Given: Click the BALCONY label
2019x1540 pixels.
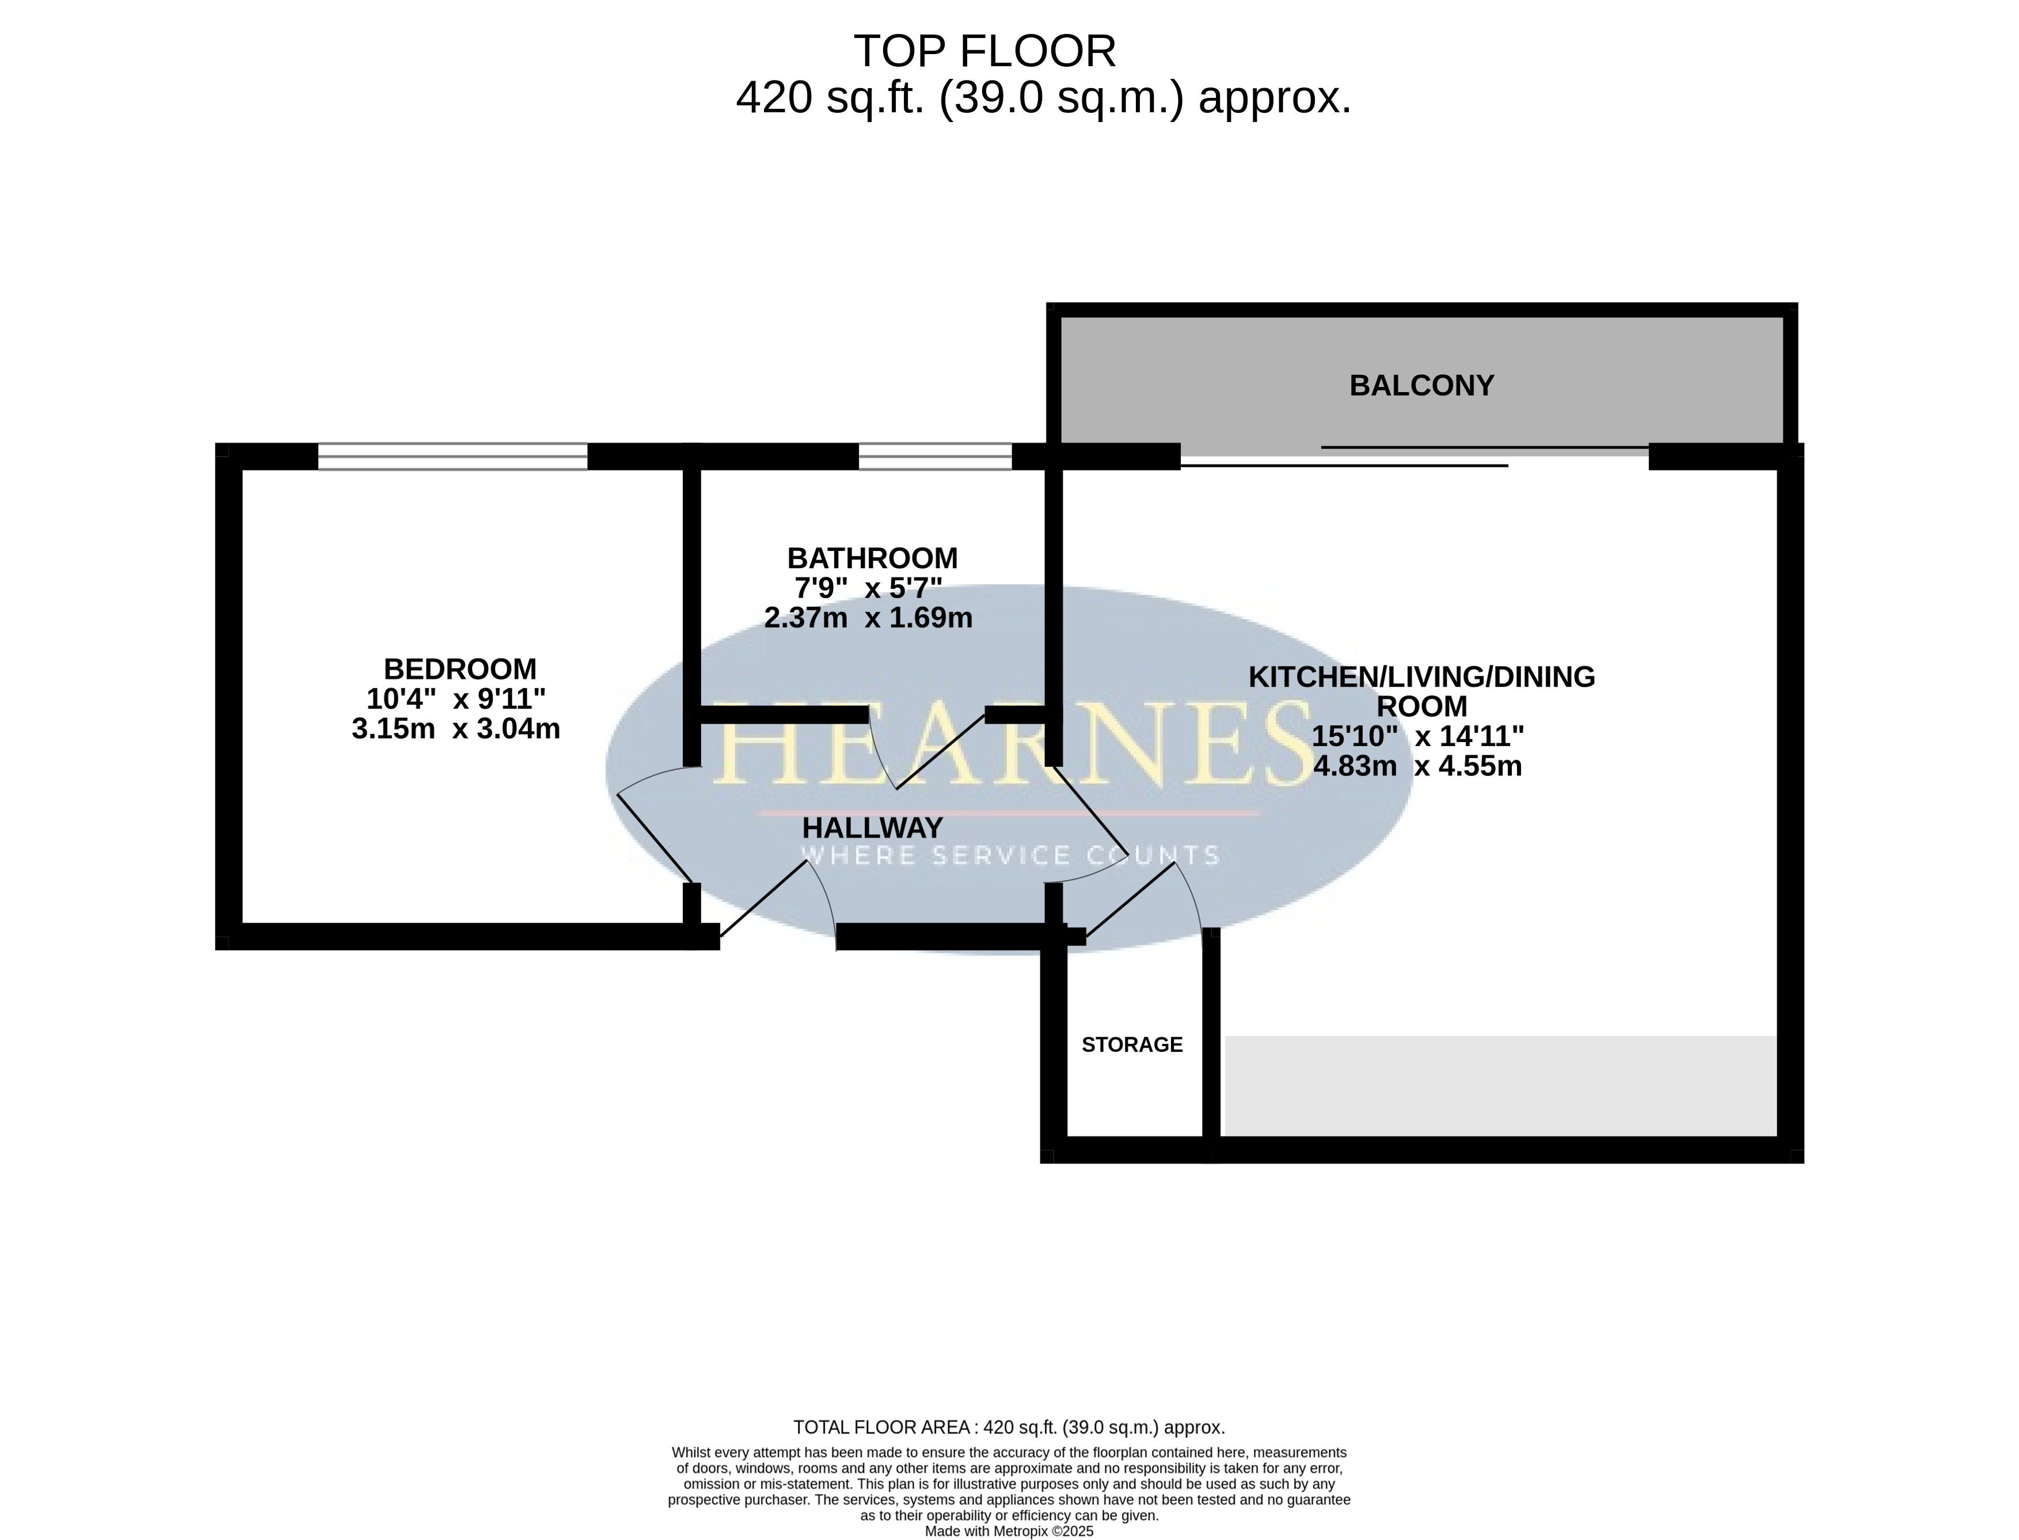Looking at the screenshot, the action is click(1421, 386).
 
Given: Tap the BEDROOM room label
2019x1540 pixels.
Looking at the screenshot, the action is click(459, 669).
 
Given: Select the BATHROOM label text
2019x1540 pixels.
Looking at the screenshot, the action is click(873, 558).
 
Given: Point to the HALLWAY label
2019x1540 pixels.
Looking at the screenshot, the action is click(873, 828).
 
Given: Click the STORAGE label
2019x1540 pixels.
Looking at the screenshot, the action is click(1132, 1045).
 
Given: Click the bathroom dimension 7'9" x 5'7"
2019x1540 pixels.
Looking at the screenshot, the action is click(868, 588).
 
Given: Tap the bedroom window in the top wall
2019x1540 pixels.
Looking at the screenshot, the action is click(453, 457).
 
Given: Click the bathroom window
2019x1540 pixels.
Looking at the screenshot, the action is click(935, 457).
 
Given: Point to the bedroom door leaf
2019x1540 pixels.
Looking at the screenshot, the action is click(655, 837).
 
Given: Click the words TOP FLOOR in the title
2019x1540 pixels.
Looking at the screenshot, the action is click(985, 51).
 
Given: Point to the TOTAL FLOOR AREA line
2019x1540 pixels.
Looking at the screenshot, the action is click(1009, 1427).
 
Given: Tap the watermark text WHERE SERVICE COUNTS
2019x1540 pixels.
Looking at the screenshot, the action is click(1010, 856).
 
